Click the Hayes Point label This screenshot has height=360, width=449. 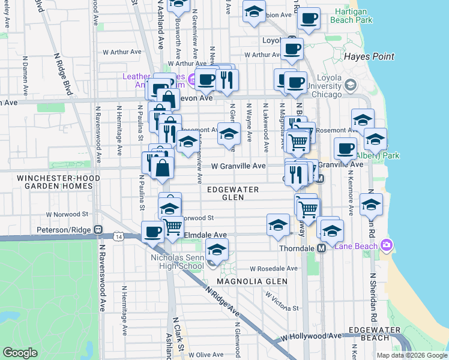[369, 56]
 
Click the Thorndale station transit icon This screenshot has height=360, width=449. [321, 248]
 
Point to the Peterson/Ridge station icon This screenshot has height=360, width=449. [98, 229]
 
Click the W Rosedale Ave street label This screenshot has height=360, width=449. [274, 268]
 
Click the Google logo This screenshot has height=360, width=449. [20, 353]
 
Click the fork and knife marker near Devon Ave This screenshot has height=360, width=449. [226, 80]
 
